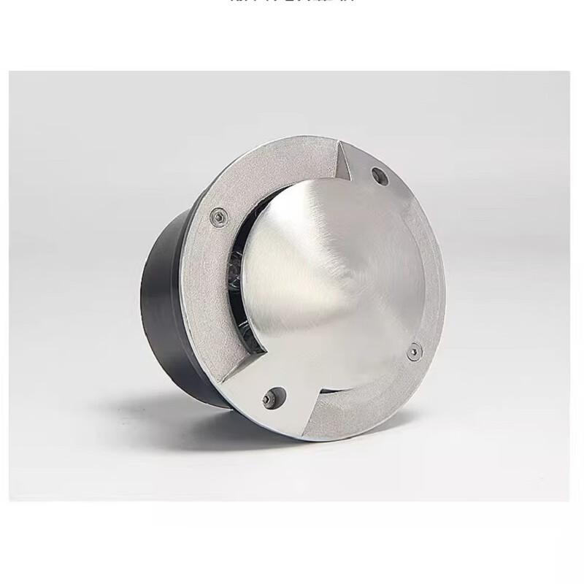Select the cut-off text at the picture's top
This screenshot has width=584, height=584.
click(292, 3)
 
